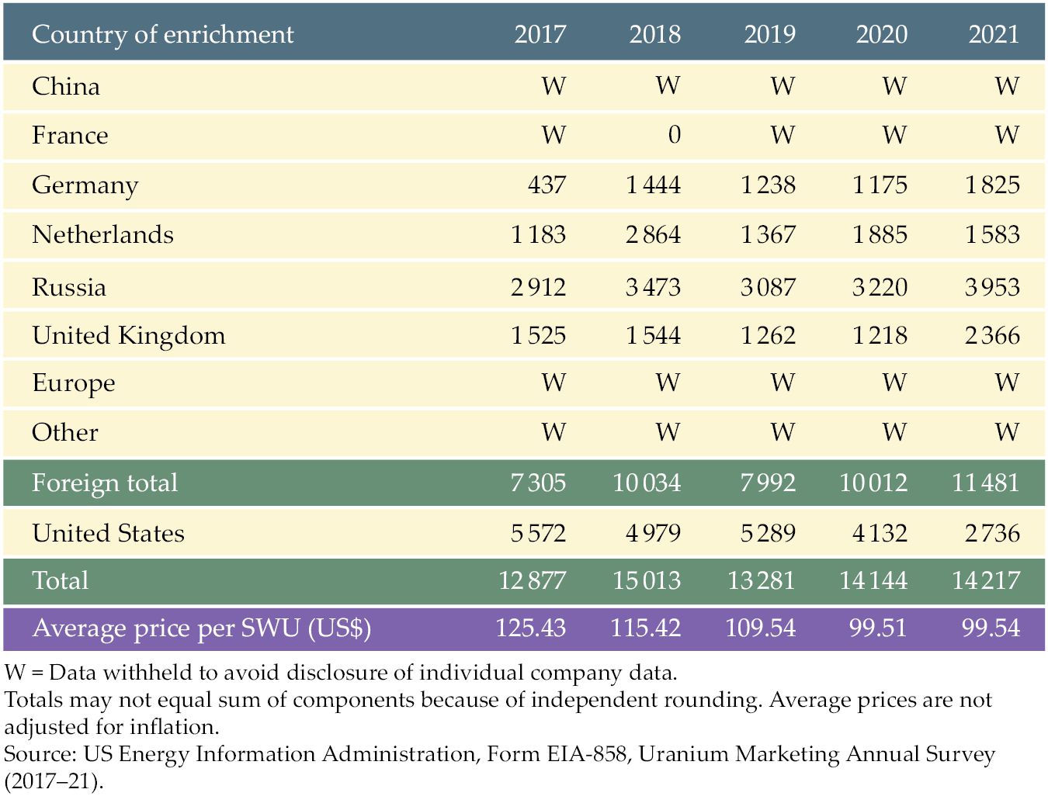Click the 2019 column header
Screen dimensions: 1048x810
769,34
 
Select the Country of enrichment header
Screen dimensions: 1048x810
162,35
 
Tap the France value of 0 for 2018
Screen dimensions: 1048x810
675,135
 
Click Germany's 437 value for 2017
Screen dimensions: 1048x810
547,185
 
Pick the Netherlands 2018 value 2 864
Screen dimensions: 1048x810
653,234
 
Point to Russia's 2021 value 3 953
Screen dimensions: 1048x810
992,287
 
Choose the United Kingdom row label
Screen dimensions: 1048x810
129,336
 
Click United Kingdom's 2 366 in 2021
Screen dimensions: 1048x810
992,335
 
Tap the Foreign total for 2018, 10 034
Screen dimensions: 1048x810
647,483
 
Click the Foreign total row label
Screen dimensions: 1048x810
105,483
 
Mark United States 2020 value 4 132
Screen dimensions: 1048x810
880,534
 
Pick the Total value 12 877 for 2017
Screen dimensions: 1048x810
532,580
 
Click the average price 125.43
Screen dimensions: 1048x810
530,628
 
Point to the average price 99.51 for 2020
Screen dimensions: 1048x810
878,628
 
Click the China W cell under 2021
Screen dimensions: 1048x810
1007,86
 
